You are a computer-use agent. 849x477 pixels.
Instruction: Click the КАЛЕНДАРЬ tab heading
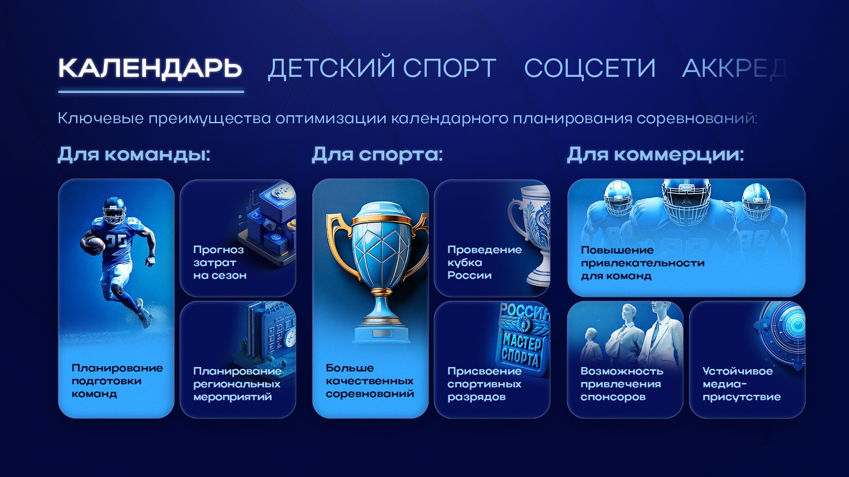150,68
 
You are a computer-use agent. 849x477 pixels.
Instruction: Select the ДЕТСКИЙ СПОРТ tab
382,68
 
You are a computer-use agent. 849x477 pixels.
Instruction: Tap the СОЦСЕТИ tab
589,68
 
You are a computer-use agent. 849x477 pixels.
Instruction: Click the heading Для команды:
134,155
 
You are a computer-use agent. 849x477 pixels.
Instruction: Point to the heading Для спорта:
377,155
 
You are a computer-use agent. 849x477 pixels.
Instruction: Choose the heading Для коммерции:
655,155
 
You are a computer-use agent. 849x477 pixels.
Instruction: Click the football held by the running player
94,244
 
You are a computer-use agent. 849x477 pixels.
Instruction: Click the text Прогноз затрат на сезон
220,262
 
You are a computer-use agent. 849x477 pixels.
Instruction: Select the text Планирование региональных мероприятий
237,384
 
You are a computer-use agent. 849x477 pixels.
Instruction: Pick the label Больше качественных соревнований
370,381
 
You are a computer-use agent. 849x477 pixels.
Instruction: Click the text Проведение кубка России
484,262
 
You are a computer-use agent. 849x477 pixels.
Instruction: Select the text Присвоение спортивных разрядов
484,384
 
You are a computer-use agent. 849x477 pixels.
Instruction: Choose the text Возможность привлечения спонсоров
622,384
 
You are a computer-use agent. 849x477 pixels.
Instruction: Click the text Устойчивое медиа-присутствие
742,384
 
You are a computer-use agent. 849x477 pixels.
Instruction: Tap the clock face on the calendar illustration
291,339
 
